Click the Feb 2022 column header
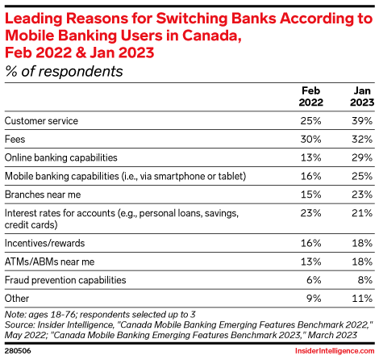click(310, 97)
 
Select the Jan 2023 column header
click(362, 97)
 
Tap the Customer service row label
click(41, 121)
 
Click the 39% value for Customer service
click(362, 121)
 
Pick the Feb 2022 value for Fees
click(310, 140)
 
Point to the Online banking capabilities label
click(61, 157)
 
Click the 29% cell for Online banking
click(362, 157)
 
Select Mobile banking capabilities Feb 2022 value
click(310, 176)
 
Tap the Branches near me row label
click(43, 195)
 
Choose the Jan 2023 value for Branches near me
click(362, 195)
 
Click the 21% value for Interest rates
click(362, 213)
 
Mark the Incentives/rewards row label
click(44, 243)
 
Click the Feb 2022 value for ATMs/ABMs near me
click(310, 262)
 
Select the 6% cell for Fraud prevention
click(314, 280)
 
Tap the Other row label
click(17, 299)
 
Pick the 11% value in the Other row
click(362, 299)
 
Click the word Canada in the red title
click(212, 36)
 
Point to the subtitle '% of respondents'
click(64, 72)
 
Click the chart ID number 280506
click(18, 351)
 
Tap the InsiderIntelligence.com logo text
click(335, 351)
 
